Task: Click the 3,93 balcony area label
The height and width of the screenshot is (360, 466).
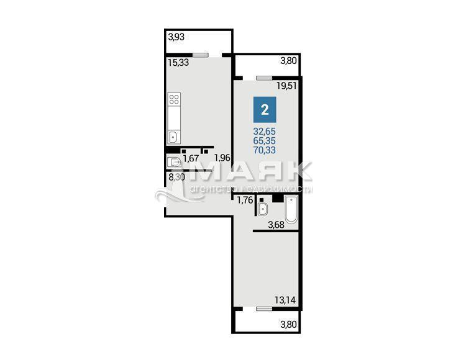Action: pyautogui.click(x=176, y=37)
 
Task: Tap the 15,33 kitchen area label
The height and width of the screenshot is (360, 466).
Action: pyautogui.click(x=178, y=63)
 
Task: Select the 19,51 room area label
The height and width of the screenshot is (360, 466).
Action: pyautogui.click(x=286, y=86)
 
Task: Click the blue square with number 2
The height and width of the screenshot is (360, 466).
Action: pyautogui.click(x=265, y=109)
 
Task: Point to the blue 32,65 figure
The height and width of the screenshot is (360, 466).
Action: pyautogui.click(x=265, y=131)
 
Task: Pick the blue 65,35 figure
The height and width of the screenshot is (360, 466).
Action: pyautogui.click(x=265, y=141)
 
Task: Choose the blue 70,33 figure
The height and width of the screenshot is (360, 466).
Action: pyautogui.click(x=265, y=150)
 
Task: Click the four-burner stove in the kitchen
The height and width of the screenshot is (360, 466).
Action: pyautogui.click(x=174, y=99)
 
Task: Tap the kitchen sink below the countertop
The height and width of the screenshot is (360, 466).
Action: pyautogui.click(x=173, y=137)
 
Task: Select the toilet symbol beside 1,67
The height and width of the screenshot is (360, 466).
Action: pyautogui.click(x=173, y=162)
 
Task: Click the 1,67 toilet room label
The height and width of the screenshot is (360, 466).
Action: pyautogui.click(x=191, y=158)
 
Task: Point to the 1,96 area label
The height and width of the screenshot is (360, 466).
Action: pyautogui.click(x=222, y=158)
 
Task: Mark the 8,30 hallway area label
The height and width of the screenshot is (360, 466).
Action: pyautogui.click(x=176, y=178)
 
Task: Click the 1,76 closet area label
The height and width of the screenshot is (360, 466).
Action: pyautogui.click(x=245, y=200)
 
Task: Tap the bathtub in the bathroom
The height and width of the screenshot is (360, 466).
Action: pyautogui.click(x=291, y=209)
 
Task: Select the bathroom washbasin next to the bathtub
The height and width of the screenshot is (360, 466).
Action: pyautogui.click(x=263, y=209)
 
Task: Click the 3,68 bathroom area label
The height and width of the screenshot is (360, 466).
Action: pyautogui.click(x=276, y=225)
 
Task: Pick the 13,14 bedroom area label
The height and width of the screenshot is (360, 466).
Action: pyautogui.click(x=285, y=300)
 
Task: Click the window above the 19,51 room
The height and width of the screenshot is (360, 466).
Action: pyautogui.click(x=264, y=78)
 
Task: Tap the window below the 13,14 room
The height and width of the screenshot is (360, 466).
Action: pyautogui.click(x=264, y=309)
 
